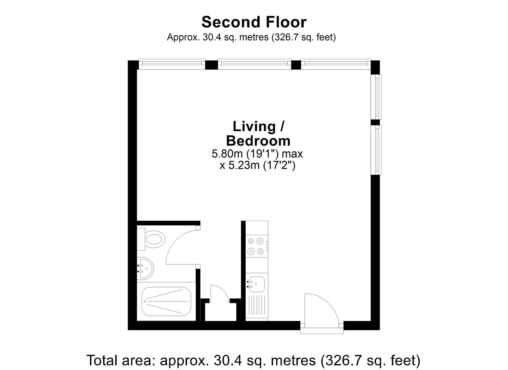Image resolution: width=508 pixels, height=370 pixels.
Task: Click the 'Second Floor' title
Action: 254,22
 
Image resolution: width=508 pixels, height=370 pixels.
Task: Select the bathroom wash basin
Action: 145,268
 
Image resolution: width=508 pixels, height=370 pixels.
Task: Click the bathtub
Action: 166,301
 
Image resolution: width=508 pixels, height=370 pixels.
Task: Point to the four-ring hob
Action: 256,246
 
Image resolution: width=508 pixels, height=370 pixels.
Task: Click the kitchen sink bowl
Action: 256,284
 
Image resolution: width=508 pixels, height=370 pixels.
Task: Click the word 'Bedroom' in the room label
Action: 258,141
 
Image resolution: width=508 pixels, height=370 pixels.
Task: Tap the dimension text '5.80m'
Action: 227,154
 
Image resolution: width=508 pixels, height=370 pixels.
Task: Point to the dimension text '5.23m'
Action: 244,165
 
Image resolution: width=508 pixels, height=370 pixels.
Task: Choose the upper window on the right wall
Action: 376,97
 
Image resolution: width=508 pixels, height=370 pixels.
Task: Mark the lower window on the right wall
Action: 376,150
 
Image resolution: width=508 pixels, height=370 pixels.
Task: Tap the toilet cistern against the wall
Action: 141,239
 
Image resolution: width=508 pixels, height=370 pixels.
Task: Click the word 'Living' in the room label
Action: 254,127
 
